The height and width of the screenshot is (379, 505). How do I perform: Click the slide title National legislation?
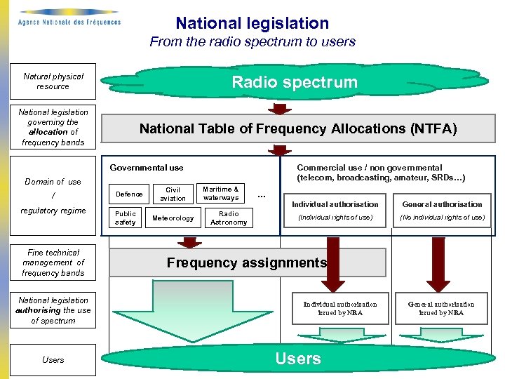point(252,23)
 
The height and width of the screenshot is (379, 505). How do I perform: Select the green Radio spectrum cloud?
point(295,82)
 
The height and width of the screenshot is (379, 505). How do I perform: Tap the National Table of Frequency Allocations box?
point(297,128)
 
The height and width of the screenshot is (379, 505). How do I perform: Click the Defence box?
point(129,194)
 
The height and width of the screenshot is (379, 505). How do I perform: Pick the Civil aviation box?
point(173,194)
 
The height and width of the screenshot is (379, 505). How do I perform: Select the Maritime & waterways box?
point(220,193)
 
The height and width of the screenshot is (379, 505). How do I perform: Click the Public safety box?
point(126,218)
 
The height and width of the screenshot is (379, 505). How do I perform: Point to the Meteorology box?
point(173,218)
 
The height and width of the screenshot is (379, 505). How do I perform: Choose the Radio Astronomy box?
point(229,218)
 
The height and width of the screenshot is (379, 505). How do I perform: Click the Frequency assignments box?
point(246,262)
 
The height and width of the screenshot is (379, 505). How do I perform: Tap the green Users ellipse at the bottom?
point(297,359)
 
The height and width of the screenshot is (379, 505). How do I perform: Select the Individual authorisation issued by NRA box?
point(339,308)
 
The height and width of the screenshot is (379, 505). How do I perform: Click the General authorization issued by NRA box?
point(441,308)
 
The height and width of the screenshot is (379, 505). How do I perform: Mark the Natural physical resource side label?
point(53,81)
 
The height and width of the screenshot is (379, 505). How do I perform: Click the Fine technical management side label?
point(53,262)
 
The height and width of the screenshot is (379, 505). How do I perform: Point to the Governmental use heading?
point(147,168)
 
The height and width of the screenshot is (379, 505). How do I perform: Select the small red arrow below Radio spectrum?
point(280,109)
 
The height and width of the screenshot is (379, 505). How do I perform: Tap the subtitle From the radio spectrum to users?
point(252,42)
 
